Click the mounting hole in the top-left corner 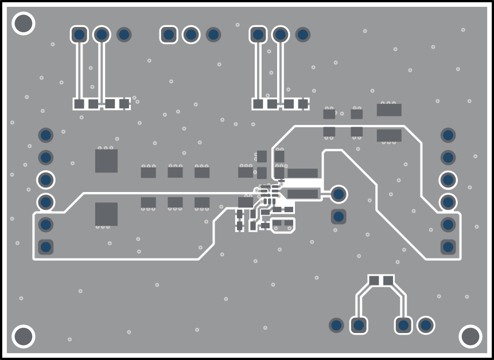(x=24, y=24)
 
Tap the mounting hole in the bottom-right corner (x=470, y=336)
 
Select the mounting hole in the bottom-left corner (x=24, y=336)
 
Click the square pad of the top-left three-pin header (x=79, y=35)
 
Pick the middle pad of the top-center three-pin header (x=191, y=35)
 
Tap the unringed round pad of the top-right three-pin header (x=303, y=35)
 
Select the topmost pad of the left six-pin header (x=45, y=135)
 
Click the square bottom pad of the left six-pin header (x=45, y=247)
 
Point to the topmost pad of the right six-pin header (x=448, y=135)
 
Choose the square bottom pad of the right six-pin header (x=448, y=247)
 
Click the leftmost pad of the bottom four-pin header (x=336, y=326)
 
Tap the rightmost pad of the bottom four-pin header (x=426, y=326)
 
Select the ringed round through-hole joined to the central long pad (x=339, y=194)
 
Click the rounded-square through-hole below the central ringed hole (x=339, y=217)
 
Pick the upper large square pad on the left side (x=106, y=161)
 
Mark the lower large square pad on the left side (x=106, y=214)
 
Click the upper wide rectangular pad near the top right (x=389, y=110)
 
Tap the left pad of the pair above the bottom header (x=374, y=280)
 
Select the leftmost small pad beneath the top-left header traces (x=79, y=104)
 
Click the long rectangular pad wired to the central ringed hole (x=302, y=194)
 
